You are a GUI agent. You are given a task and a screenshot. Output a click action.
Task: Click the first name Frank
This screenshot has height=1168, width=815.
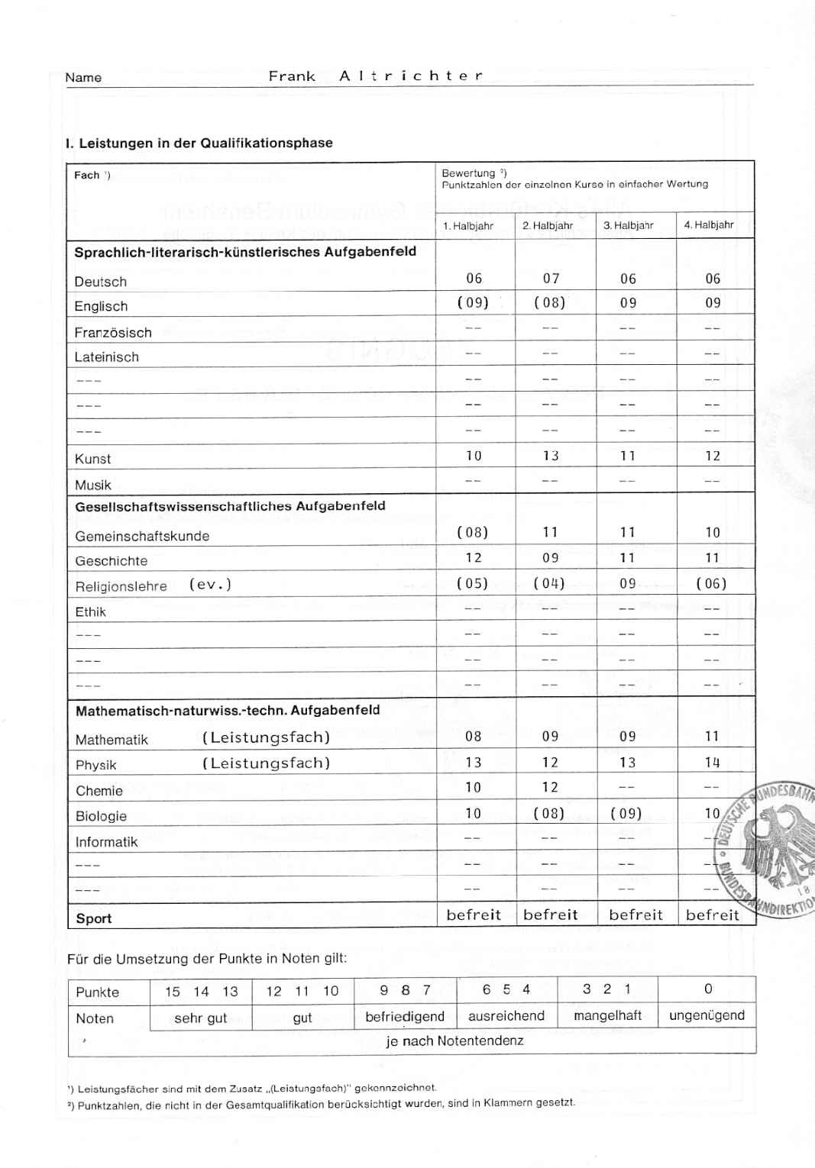coord(292,76)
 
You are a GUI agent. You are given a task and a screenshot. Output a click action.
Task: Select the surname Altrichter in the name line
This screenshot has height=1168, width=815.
coord(411,76)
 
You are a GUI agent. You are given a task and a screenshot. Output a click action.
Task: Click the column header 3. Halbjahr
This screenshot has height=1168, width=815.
coord(628,226)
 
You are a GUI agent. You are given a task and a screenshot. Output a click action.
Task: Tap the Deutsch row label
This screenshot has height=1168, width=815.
coord(101,282)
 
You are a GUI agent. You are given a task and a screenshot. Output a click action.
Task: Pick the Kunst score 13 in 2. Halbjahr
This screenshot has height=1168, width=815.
coord(551,457)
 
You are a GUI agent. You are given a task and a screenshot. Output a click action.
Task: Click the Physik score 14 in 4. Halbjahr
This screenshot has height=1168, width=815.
coord(712,763)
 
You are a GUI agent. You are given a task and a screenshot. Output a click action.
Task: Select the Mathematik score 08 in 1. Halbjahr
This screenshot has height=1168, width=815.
coord(474,737)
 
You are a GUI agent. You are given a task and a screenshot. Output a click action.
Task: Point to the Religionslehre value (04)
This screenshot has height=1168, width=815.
coord(550,584)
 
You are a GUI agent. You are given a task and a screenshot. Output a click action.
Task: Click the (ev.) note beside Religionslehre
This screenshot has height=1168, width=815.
coord(210,585)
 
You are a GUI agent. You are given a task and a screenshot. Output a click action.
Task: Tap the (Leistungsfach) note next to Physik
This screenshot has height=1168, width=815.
coord(266,763)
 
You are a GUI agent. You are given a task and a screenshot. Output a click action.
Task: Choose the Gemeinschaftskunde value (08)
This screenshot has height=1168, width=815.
coord(473,533)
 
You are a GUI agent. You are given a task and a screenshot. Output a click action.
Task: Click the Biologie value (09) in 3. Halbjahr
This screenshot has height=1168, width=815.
coord(626,814)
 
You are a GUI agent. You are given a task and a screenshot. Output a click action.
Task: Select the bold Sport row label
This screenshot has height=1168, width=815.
coord(94,918)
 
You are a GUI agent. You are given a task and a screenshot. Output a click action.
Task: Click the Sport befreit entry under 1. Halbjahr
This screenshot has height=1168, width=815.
coord(474,915)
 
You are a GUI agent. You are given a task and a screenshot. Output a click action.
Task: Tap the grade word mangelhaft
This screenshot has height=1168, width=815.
coord(607,1016)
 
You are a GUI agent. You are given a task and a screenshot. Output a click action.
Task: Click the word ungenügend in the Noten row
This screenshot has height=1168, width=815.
coord(707,1016)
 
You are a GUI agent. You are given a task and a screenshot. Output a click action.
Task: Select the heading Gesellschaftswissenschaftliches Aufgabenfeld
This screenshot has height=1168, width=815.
coord(230,506)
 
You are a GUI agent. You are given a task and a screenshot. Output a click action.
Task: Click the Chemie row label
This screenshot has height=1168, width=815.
coord(99,791)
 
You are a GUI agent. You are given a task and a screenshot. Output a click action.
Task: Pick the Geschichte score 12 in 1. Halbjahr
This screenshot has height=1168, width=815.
coord(474,558)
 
